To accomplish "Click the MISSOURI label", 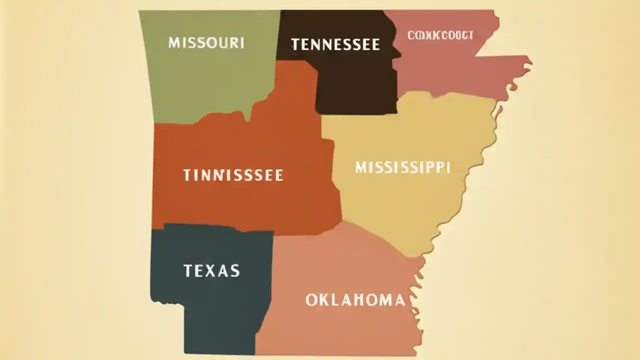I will click(206, 42).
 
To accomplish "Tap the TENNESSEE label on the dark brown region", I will click(335, 44).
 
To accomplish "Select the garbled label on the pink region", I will click(440, 35).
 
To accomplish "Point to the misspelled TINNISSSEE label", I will click(233, 175).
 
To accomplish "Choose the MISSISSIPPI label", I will click(402, 167).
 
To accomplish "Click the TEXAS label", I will click(211, 271).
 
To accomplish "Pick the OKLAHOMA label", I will click(355, 300).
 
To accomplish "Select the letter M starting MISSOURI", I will click(173, 42).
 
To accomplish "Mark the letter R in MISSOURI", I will click(233, 42).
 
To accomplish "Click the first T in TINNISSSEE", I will click(186, 175).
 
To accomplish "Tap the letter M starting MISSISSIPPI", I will click(361, 167).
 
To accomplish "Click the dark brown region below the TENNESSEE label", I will click(355, 85).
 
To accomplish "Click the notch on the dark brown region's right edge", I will click(397, 52).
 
